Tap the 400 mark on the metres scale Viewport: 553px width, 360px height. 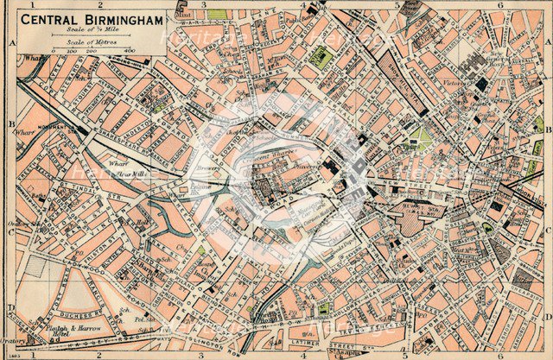coord(128,52)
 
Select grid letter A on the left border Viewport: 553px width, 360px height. coord(11,41)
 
